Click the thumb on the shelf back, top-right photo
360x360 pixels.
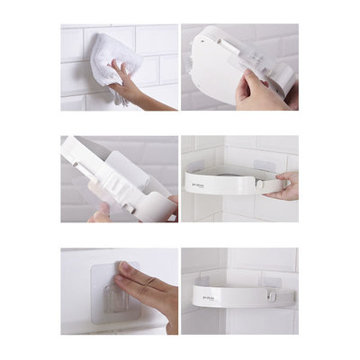coord(247,85)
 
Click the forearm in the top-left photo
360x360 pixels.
coord(162,104)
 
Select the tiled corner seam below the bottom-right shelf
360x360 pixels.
coord(223,322)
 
